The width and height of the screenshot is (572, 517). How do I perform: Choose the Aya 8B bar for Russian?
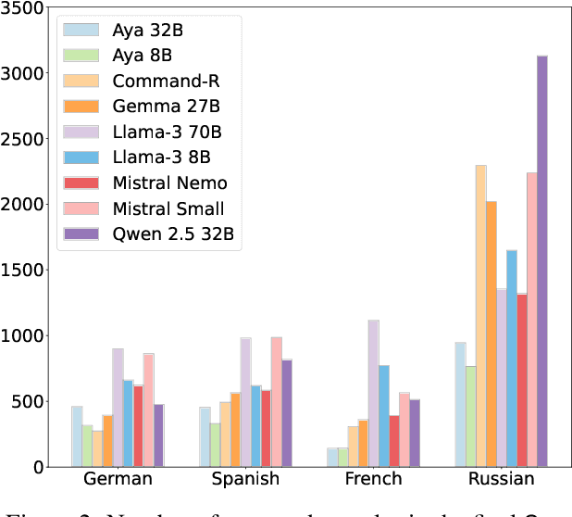[x=470, y=416]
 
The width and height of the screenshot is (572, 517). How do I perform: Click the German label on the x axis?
[x=118, y=480]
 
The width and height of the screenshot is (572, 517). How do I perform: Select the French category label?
[x=374, y=480]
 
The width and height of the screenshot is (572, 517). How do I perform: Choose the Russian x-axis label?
[x=501, y=480]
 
